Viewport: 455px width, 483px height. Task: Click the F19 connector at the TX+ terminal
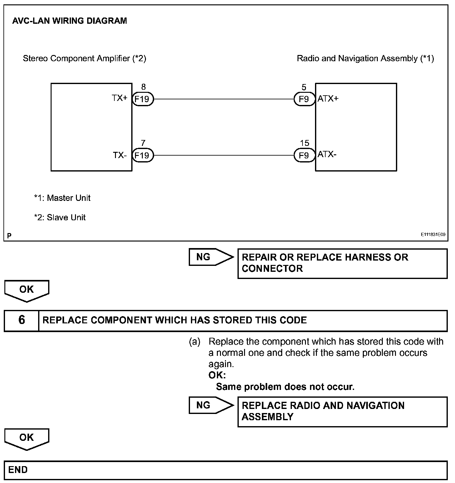click(x=143, y=99)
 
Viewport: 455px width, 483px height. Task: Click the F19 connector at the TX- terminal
click(x=143, y=155)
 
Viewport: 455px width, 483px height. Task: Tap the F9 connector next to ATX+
click(x=304, y=99)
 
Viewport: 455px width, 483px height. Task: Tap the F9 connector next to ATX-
click(x=304, y=155)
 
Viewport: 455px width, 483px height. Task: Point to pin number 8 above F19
click(x=143, y=87)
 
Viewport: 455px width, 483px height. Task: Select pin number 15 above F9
click(x=304, y=143)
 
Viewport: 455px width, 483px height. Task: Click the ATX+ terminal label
click(x=328, y=99)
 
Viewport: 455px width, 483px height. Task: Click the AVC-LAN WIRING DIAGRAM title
click(x=69, y=21)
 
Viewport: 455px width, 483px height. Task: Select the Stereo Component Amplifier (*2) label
click(x=84, y=58)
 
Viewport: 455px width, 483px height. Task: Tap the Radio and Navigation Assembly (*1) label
click(x=365, y=58)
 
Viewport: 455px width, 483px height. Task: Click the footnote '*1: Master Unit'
click(x=62, y=198)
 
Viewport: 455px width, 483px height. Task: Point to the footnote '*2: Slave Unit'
click(x=60, y=217)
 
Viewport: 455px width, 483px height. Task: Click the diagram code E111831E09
click(x=433, y=235)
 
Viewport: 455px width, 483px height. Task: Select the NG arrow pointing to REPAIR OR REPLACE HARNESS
click(x=211, y=257)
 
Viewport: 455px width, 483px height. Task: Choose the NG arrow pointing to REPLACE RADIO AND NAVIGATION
click(x=211, y=405)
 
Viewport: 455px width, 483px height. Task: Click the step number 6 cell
click(x=22, y=320)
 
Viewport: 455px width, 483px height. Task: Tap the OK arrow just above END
click(x=27, y=438)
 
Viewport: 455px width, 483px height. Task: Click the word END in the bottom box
click(x=18, y=470)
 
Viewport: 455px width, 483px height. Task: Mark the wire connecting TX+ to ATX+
click(x=223, y=99)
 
